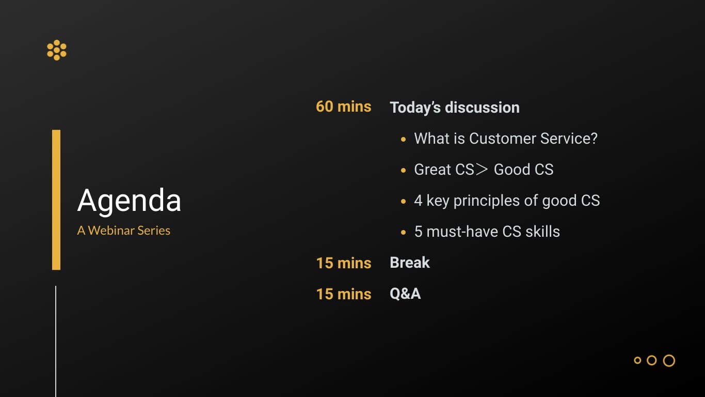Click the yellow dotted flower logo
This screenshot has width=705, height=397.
click(57, 50)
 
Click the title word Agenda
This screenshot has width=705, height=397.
click(129, 201)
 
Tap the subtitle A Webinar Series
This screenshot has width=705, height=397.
click(124, 231)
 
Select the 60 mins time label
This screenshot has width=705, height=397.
click(343, 106)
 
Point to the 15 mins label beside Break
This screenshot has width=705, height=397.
click(343, 263)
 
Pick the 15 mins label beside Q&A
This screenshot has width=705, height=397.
click(343, 294)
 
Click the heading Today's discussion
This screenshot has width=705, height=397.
click(455, 108)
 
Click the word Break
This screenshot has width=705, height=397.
click(409, 263)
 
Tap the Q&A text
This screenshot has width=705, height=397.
click(405, 294)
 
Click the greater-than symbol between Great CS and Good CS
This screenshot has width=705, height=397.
click(482, 170)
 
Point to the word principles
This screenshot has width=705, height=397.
click(487, 201)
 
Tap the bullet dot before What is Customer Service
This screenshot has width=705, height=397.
click(404, 140)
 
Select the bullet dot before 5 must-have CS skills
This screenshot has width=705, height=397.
click(404, 233)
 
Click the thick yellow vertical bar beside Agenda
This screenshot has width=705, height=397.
click(56, 200)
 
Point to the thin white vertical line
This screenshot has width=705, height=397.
click(56, 342)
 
